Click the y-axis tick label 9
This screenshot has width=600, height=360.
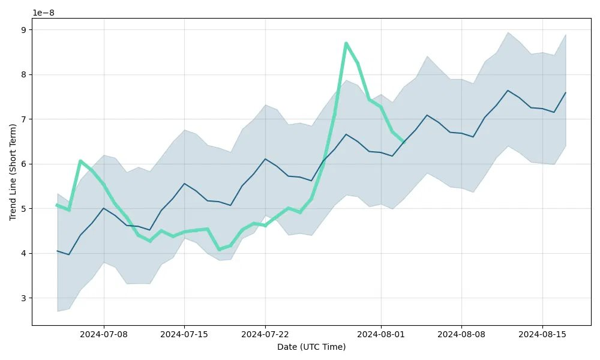click(25, 29)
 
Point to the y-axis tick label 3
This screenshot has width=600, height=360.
click(25, 298)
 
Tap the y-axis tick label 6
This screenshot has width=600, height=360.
click(25, 164)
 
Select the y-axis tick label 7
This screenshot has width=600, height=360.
click(25, 119)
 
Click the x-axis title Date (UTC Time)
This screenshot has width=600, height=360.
click(311, 347)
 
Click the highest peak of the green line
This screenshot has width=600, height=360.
click(346, 43)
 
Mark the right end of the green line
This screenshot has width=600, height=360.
click(404, 142)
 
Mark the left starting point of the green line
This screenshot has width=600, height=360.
click(57, 205)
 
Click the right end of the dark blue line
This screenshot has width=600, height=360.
click(565, 93)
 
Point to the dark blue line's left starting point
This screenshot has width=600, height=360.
click(57, 251)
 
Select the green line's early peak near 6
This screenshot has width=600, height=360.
click(80, 161)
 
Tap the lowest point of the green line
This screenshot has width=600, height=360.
click(219, 249)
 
